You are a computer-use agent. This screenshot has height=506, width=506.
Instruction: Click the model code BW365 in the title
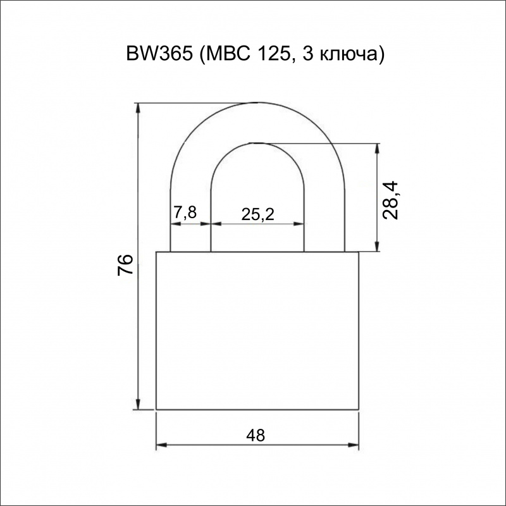(159, 54)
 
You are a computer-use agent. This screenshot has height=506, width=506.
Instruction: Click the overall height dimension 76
(125, 264)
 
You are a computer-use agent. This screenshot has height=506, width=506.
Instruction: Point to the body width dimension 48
(256, 435)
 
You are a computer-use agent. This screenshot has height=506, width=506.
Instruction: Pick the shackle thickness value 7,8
(185, 213)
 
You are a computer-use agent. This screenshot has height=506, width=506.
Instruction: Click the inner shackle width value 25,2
(258, 214)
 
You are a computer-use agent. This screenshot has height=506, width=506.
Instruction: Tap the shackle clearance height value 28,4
(390, 201)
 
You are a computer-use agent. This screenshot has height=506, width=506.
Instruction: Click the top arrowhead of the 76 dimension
(139, 108)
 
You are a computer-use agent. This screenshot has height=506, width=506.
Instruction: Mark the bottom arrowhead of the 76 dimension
(139, 404)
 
